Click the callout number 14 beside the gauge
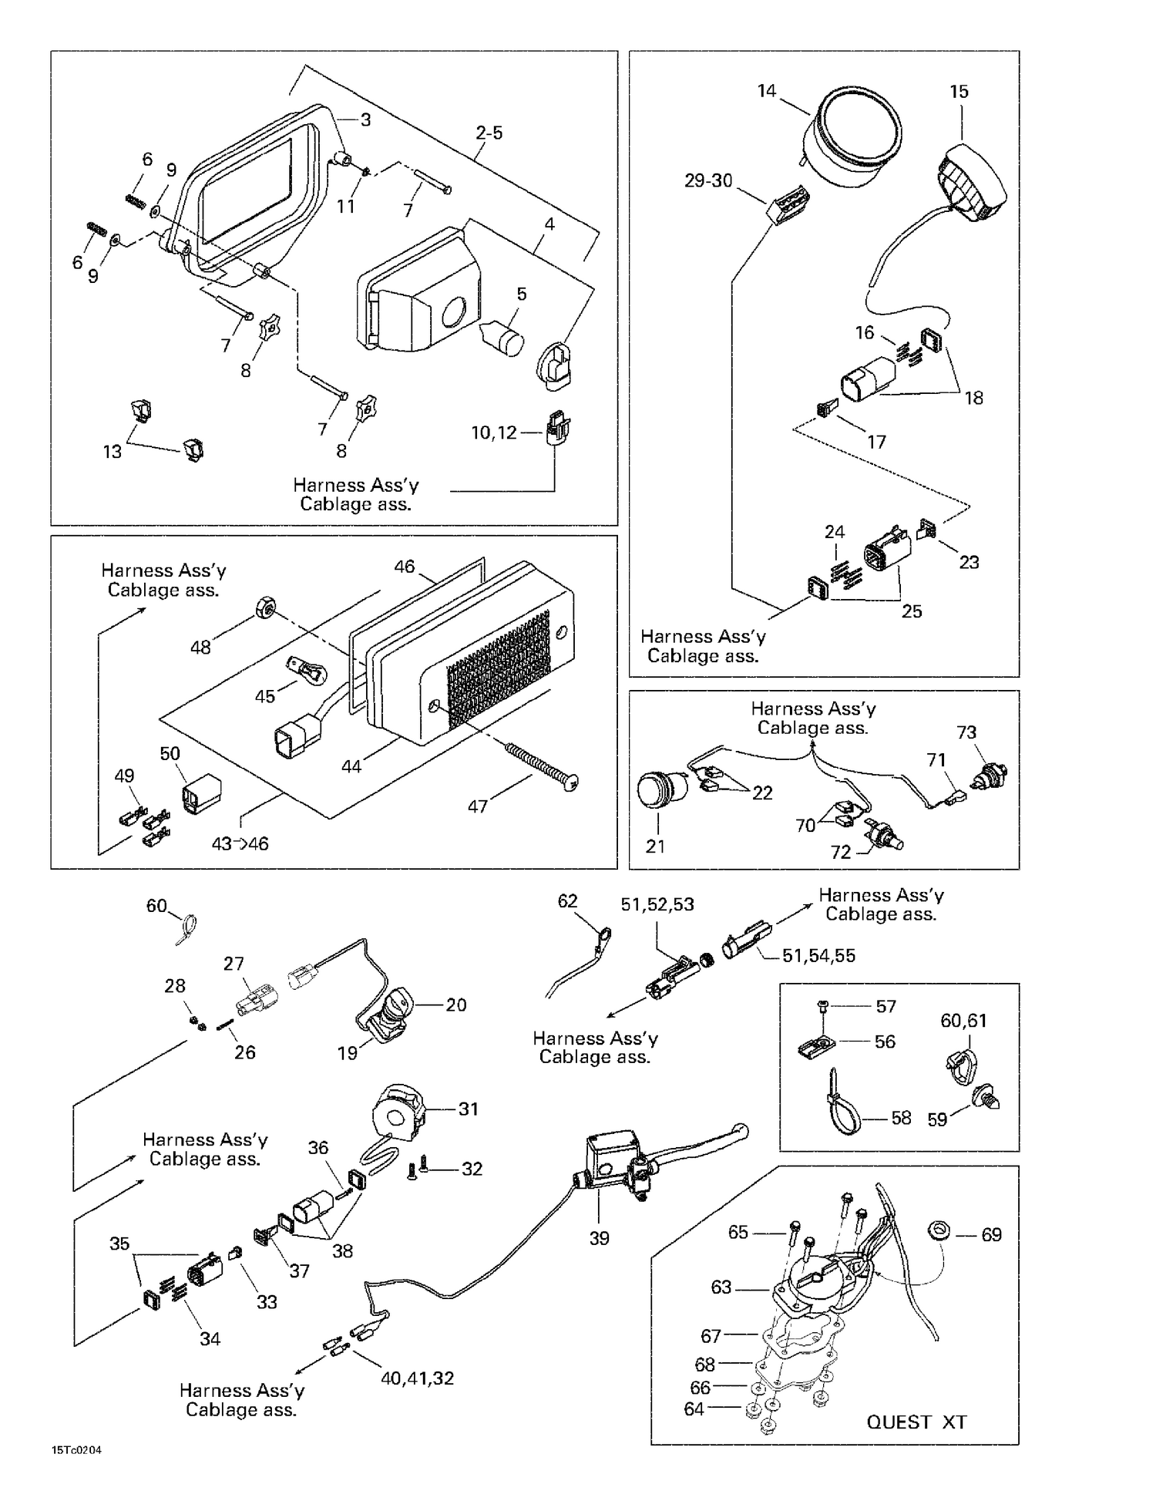click(x=766, y=91)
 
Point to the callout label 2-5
click(x=489, y=133)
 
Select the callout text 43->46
click(x=240, y=844)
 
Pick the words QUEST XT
click(x=916, y=1422)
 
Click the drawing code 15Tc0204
click(x=76, y=1450)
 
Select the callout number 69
click(x=991, y=1234)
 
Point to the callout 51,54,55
click(x=818, y=955)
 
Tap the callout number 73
click(x=966, y=732)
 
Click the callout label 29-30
click(x=708, y=180)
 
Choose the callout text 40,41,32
click(x=417, y=1378)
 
